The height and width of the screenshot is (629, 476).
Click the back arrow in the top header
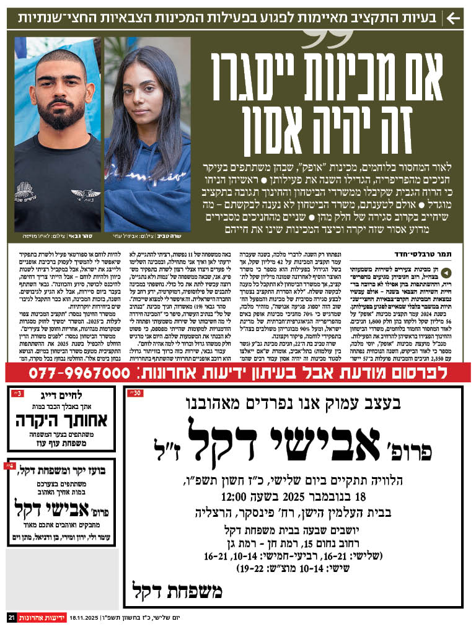pos(454,17)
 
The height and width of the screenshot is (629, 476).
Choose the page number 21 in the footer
pos(11,618)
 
